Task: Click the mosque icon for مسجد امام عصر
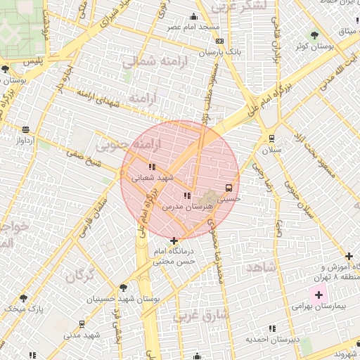[x=194, y=17]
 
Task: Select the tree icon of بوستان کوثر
[x=314, y=35]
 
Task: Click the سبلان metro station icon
[x=271, y=139]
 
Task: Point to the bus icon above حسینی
[x=229, y=188]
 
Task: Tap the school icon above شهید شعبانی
[x=151, y=167]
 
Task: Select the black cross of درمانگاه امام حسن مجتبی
[x=174, y=241]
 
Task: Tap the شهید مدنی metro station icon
[x=83, y=324]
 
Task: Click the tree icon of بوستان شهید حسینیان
[x=124, y=288]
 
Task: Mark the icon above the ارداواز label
[x=26, y=129]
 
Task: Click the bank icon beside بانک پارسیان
[x=219, y=41]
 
